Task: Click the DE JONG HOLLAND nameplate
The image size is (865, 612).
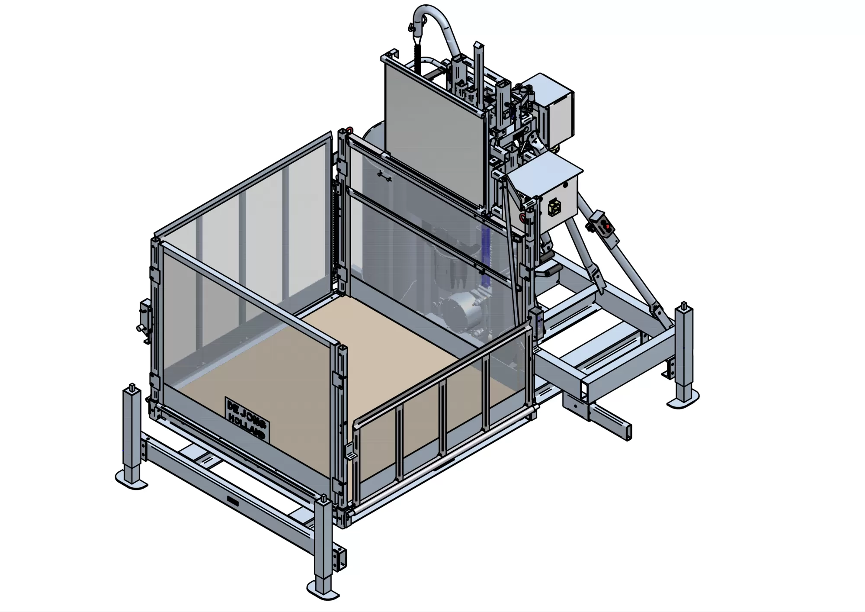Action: click(x=247, y=419)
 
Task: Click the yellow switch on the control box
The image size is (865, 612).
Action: click(x=554, y=208)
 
